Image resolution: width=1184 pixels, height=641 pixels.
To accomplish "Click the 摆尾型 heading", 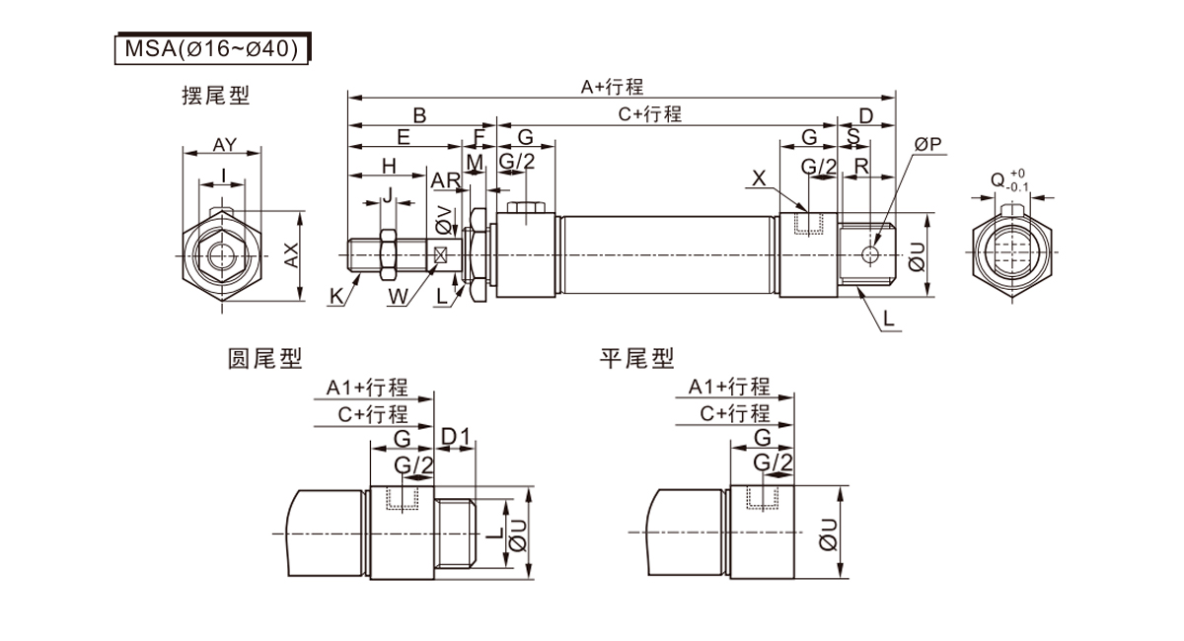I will (x=215, y=96).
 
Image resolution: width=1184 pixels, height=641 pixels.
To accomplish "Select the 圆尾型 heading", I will (x=264, y=358).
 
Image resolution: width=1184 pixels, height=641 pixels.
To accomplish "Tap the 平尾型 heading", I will (x=636, y=358).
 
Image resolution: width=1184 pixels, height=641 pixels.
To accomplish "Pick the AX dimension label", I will (x=291, y=255).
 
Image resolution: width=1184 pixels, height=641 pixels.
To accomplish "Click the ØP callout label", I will (x=927, y=145).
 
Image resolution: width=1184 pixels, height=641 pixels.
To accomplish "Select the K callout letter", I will (x=336, y=294).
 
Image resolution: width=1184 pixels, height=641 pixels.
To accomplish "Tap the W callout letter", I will (x=397, y=294).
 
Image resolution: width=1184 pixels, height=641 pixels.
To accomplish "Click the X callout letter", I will (x=758, y=178).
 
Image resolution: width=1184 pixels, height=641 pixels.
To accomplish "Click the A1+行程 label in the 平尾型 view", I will (x=729, y=386).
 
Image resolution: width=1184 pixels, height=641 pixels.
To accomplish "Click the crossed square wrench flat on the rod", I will (x=441, y=254).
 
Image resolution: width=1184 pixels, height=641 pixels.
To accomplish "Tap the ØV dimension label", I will (x=443, y=221).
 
